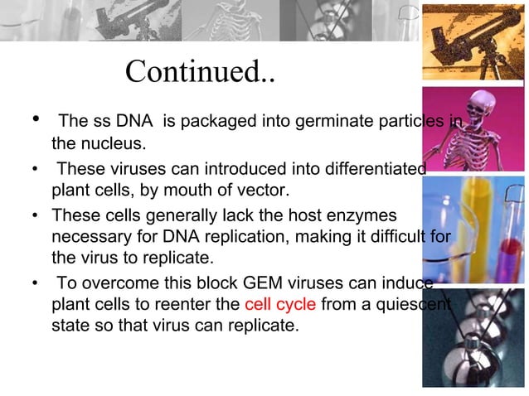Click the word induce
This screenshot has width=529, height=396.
pyautogui.click(x=405, y=282)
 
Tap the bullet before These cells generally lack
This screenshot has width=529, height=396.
pyautogui.click(x=36, y=215)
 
